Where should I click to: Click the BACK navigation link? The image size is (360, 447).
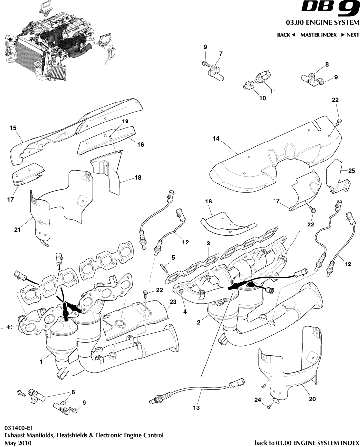coord(286,35)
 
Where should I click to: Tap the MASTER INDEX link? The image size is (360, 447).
coord(318,35)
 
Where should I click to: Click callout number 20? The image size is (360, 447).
coord(312,398)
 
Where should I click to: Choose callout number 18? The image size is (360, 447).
coord(138,178)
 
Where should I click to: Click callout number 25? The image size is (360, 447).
coord(351,170)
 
